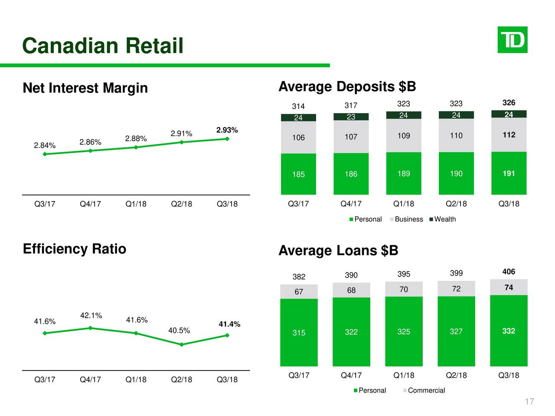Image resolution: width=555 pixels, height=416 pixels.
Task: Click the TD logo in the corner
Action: [512, 40]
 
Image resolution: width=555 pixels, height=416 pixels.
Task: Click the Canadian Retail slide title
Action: [103, 45]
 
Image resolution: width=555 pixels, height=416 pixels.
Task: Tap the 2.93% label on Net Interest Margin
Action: [227, 130]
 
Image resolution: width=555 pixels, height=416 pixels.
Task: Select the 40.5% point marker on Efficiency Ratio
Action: [182, 344]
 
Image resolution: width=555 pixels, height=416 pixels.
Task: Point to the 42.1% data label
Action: [91, 315]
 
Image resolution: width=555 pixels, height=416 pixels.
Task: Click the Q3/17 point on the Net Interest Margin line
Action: [45, 154]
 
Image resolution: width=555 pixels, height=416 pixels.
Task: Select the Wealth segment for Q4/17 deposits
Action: [351, 117]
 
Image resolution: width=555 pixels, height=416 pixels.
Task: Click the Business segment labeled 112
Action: [509, 135]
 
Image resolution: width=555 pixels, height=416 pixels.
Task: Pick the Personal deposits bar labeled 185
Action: [298, 174]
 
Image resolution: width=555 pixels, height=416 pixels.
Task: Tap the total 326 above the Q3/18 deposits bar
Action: [509, 103]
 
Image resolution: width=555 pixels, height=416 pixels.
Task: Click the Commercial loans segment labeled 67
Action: [299, 292]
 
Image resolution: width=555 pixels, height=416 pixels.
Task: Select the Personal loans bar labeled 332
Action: [509, 331]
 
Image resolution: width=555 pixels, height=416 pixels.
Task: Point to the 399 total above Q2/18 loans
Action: [456, 273]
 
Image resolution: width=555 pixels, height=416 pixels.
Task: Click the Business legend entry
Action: [406, 219]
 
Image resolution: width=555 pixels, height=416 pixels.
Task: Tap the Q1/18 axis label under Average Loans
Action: [404, 375]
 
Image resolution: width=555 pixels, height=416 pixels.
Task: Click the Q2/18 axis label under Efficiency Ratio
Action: [181, 380]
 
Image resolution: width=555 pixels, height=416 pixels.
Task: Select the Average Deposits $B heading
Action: [347, 87]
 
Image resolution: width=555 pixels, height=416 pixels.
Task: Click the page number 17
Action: [529, 402]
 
